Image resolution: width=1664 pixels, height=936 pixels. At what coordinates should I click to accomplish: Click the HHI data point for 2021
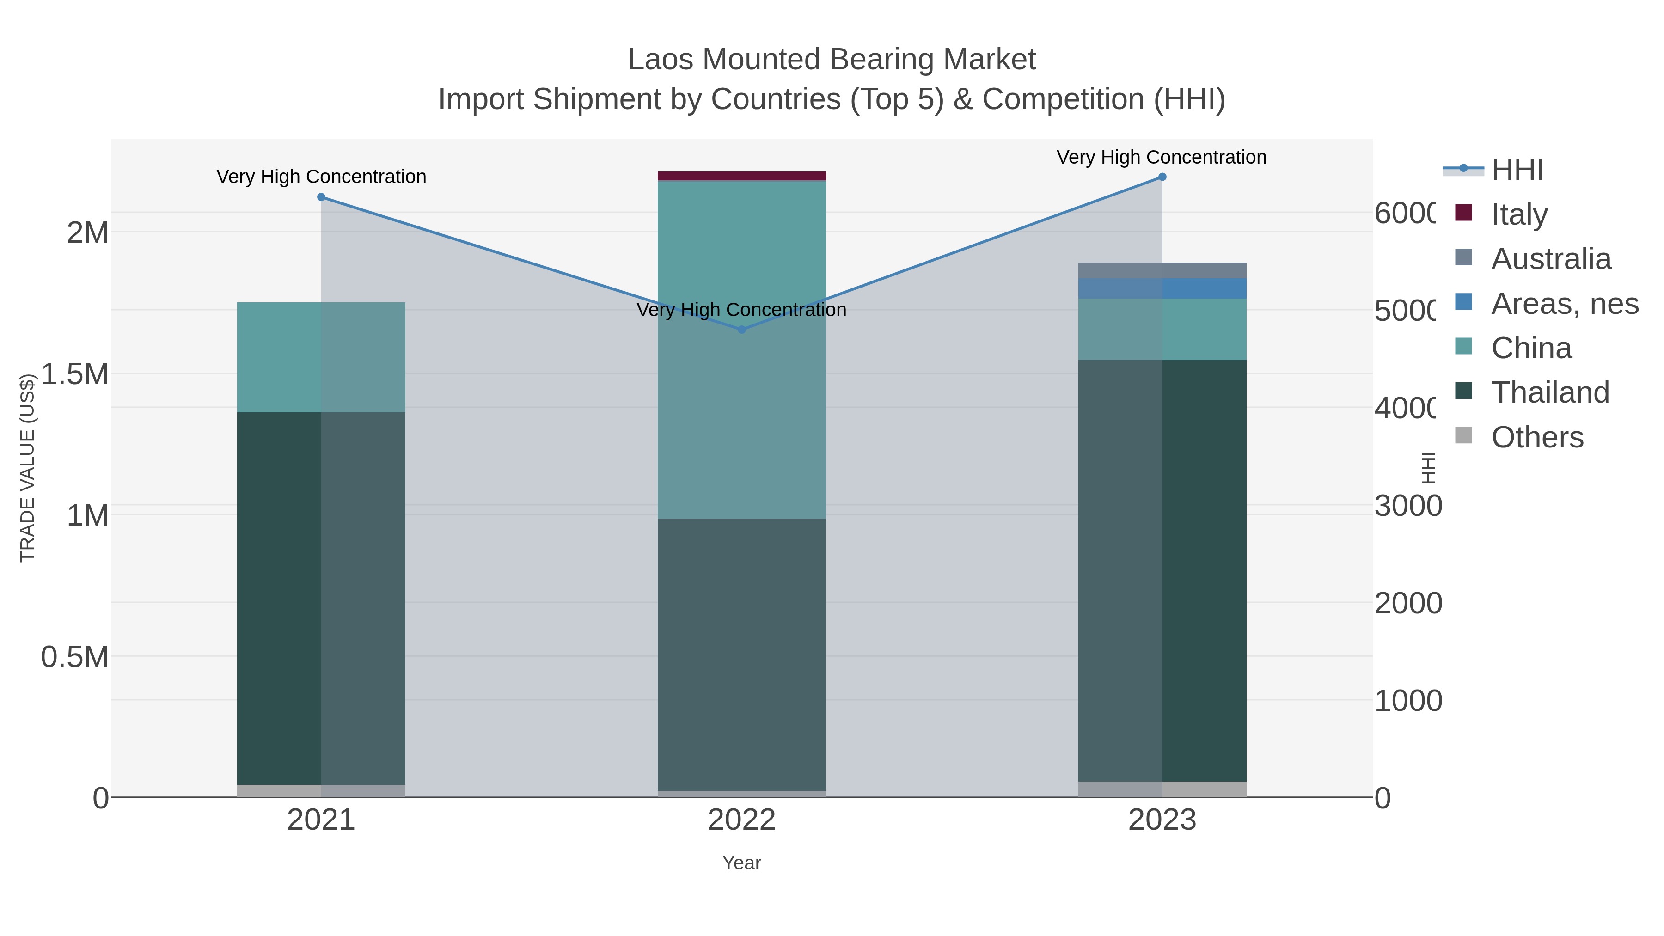(321, 197)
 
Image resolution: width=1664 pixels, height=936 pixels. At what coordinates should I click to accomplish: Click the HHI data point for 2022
(741, 330)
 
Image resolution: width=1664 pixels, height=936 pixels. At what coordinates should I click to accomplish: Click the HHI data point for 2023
(1162, 177)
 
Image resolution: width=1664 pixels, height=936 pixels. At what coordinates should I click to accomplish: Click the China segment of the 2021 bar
(321, 357)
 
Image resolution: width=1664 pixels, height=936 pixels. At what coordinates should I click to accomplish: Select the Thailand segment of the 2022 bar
(741, 655)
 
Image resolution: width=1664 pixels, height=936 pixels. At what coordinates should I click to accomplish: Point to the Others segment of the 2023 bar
(1162, 789)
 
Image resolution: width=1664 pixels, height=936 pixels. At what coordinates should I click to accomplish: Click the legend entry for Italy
(1519, 214)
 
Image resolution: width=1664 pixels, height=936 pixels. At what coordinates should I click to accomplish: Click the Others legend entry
(1537, 437)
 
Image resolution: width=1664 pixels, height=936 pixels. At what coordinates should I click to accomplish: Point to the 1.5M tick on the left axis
(75, 374)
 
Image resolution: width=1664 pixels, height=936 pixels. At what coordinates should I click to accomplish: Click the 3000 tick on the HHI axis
(1407, 506)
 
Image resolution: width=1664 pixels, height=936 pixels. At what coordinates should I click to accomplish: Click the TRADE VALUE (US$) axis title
(27, 468)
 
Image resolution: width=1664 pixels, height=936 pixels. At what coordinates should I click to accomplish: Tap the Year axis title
(741, 863)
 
